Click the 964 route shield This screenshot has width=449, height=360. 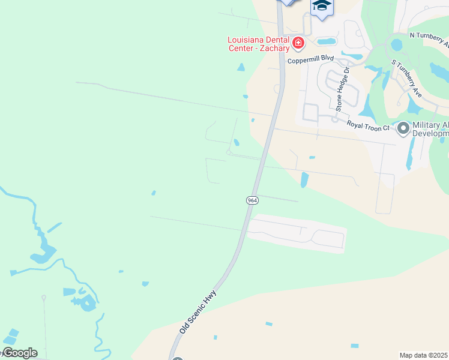pyautogui.click(x=252, y=200)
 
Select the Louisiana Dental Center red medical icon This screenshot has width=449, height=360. pyautogui.click(x=298, y=43)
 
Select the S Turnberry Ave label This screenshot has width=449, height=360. pyautogui.click(x=407, y=79)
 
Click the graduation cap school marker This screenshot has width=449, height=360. pyautogui.click(x=322, y=6)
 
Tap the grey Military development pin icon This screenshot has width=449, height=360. pyautogui.click(x=403, y=128)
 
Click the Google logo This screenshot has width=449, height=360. pyautogui.click(x=19, y=353)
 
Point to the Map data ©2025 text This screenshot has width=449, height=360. pyautogui.click(x=424, y=355)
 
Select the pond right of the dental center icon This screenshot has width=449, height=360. pyautogui.click(x=327, y=41)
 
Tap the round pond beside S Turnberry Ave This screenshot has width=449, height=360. pyautogui.click(x=396, y=45)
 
